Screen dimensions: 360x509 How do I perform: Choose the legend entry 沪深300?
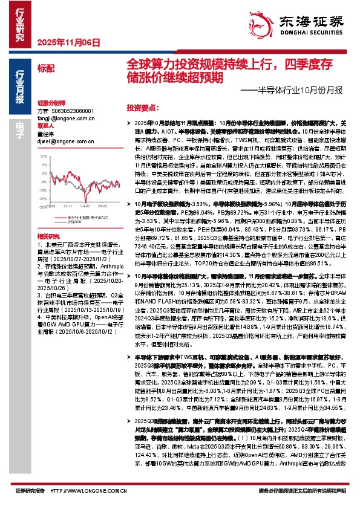(x=74, y=222)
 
